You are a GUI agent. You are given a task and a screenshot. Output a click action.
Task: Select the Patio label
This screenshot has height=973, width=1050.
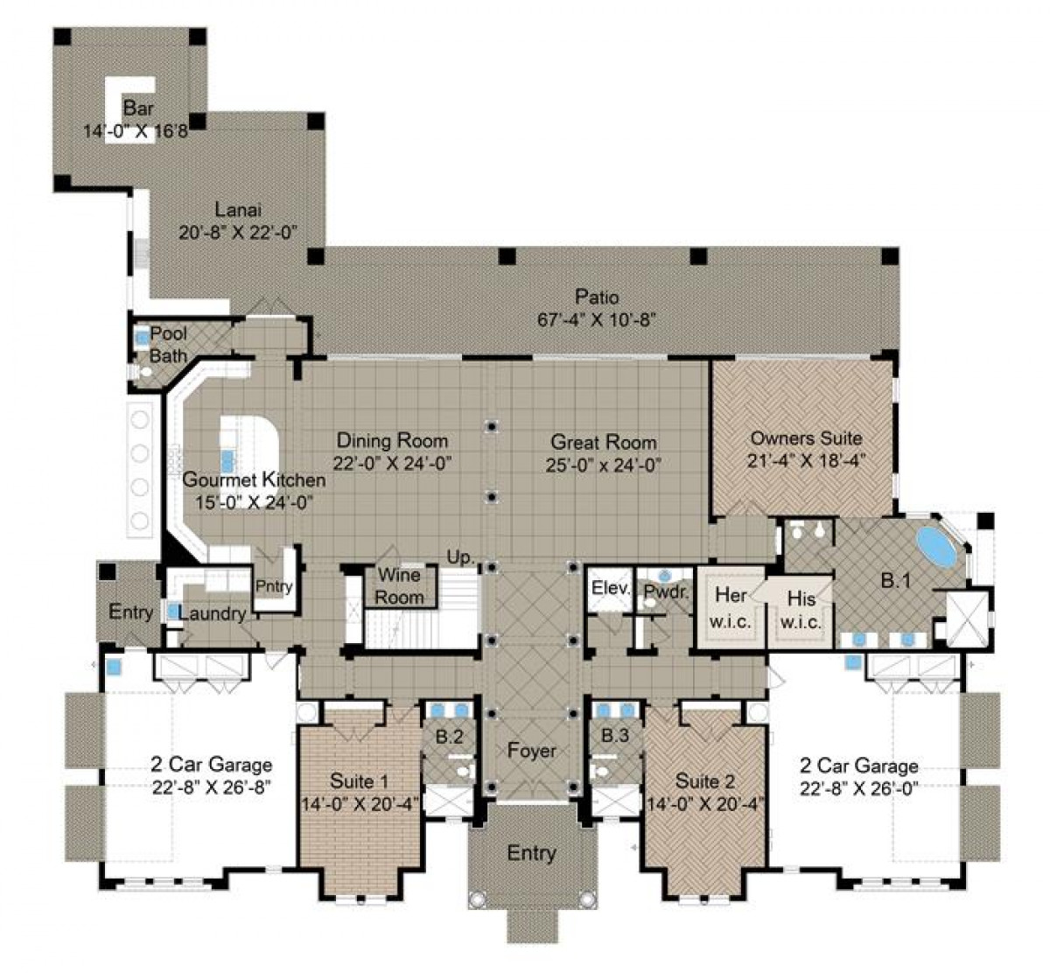point(597,297)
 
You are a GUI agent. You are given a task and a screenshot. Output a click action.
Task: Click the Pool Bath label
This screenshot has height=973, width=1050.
point(168,345)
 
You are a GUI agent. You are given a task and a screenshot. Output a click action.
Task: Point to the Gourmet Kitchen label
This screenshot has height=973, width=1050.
point(254,480)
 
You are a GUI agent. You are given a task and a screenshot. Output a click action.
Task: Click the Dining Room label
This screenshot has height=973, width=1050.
point(392,441)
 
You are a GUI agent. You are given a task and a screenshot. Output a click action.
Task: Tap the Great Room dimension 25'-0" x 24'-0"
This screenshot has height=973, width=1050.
point(604,465)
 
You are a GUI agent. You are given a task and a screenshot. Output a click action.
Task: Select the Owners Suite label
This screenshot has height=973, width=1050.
point(806,438)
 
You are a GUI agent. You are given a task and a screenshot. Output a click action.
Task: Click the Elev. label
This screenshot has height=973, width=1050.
point(610,589)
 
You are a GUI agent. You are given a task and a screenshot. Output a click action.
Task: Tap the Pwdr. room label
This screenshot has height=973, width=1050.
point(667,591)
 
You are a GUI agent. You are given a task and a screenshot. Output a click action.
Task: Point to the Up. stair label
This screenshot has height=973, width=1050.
point(460,556)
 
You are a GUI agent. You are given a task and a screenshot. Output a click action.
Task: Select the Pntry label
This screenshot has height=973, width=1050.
point(274,587)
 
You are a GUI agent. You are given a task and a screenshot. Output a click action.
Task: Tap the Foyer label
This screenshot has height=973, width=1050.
point(531,751)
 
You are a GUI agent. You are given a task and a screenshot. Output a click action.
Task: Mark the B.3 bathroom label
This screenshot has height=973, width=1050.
point(614,736)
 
